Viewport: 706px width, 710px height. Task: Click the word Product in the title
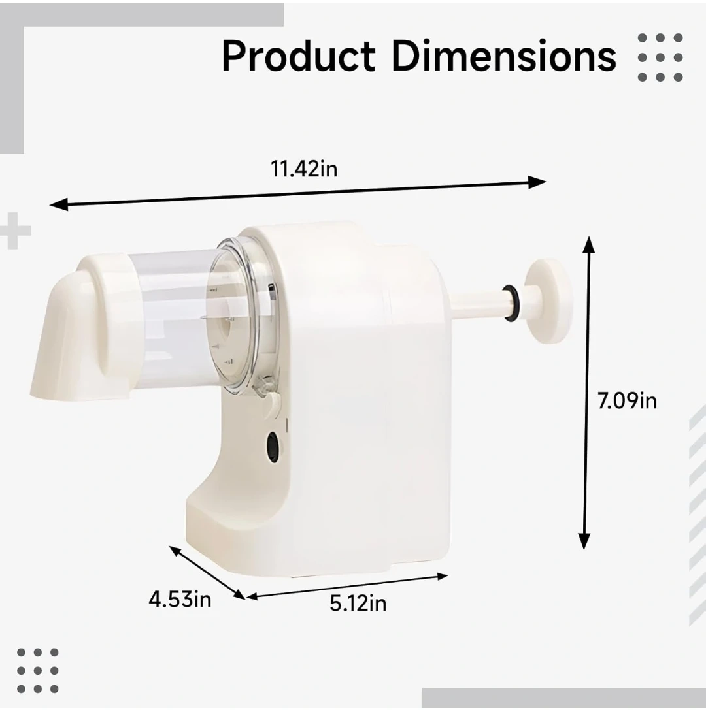[299, 56]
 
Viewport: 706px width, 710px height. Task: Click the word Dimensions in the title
[504, 56]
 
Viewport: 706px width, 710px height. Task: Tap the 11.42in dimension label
[304, 169]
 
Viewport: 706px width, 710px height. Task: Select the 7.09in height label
[627, 401]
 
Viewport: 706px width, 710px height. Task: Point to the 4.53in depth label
[180, 600]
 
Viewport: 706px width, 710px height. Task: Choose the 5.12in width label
[358, 603]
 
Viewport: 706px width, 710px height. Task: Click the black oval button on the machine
[273, 447]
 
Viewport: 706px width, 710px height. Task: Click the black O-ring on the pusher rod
[511, 303]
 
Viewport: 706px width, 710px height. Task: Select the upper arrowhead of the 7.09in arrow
[588, 245]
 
